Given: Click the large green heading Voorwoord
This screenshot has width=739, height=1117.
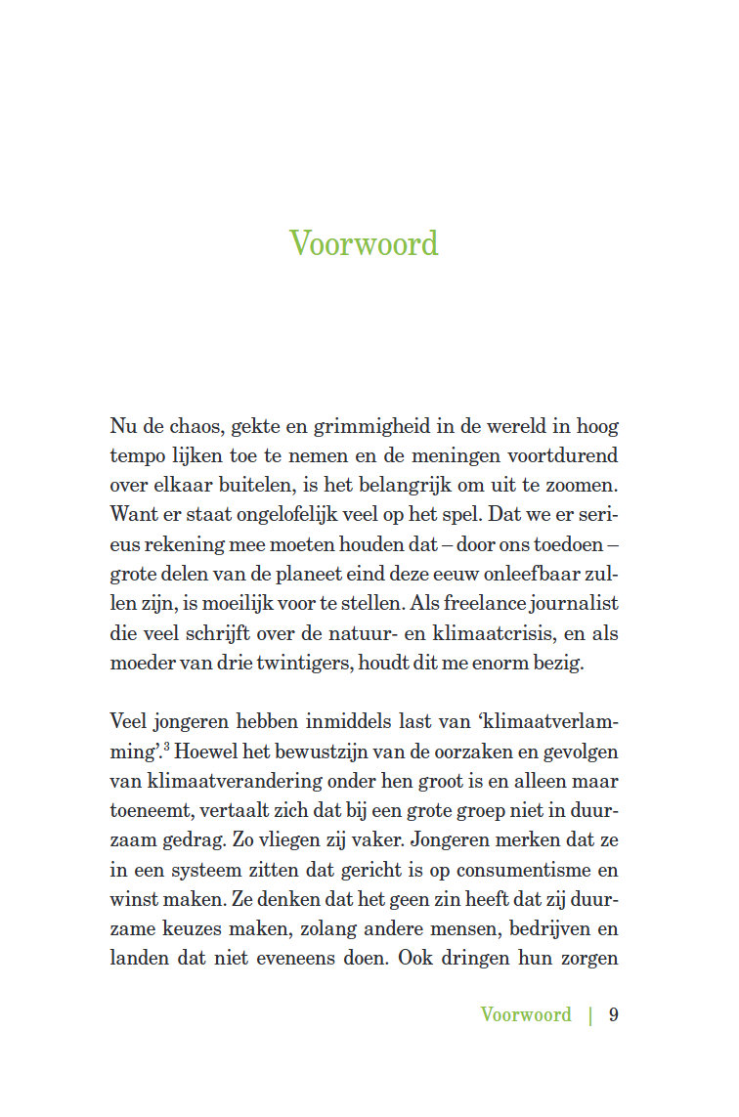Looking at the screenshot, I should point(364,243).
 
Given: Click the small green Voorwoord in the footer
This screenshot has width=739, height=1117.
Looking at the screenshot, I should point(526,1014).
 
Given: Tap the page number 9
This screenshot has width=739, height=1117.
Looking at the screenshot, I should point(614,1014).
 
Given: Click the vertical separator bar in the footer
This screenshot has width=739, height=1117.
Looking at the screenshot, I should point(590,1014).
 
